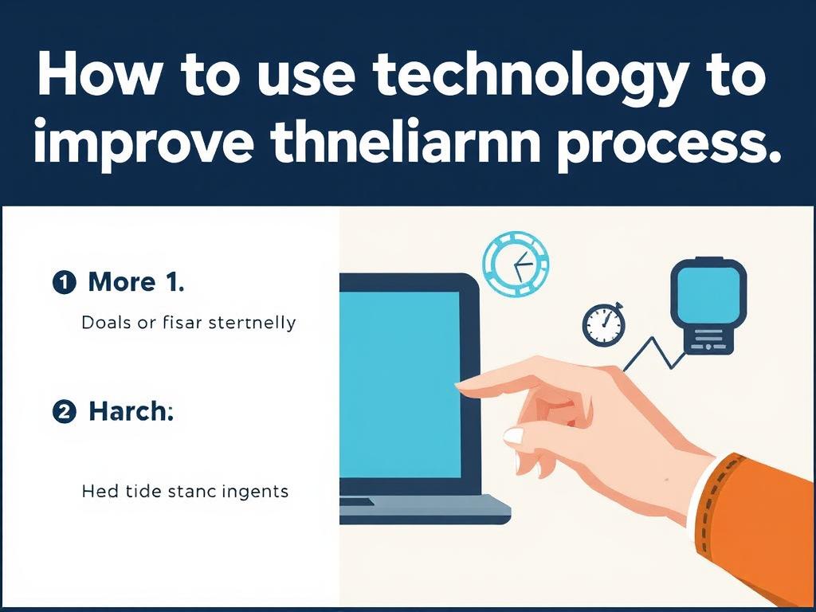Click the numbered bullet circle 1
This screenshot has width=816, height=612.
tap(65, 283)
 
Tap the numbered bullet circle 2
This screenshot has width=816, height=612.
tap(65, 412)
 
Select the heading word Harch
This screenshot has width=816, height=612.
tap(131, 411)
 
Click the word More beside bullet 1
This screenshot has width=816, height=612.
tap(122, 282)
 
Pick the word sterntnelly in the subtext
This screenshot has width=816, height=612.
tap(252, 323)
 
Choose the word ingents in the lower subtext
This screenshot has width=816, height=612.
tap(254, 492)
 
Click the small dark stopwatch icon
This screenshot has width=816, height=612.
tap(604, 325)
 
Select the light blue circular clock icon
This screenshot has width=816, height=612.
tap(516, 265)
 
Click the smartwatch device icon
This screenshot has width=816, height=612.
tap(708, 306)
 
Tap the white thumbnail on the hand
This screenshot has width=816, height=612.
tap(514, 436)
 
